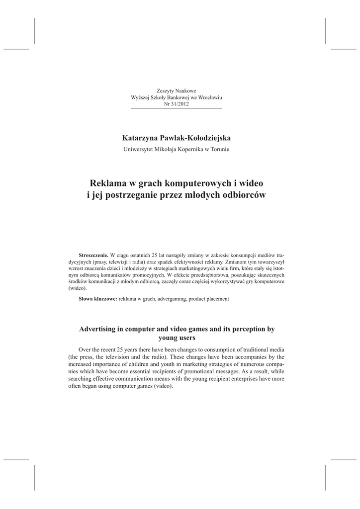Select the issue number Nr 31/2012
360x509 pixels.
(x=177, y=103)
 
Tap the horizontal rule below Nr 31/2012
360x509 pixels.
(x=177, y=108)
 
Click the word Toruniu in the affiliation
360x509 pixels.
(x=219, y=150)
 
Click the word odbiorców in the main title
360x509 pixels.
(x=244, y=195)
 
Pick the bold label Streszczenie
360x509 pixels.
(x=93, y=254)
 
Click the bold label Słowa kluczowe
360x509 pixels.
(x=98, y=299)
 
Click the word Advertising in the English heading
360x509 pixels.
(x=102, y=329)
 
